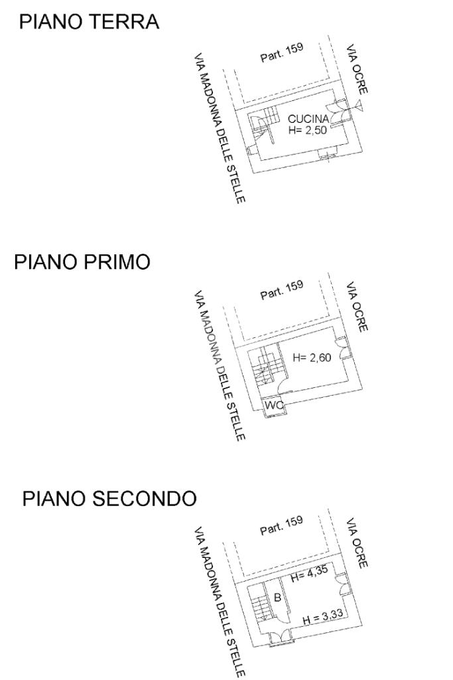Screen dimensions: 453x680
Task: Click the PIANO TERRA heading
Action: pyautogui.click(x=90, y=22)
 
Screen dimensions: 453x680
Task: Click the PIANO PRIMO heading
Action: pyautogui.click(x=82, y=262)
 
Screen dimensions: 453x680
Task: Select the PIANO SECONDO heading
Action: pyautogui.click(x=109, y=498)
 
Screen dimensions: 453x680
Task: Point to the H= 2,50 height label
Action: pyautogui.click(x=308, y=131)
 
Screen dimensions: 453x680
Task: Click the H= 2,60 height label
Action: pyautogui.click(x=312, y=358)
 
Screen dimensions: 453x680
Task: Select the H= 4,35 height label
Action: pyautogui.click(x=309, y=578)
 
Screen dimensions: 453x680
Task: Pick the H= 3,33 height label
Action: pyautogui.click(x=322, y=618)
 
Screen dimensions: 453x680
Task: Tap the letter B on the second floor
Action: pyautogui.click(x=278, y=597)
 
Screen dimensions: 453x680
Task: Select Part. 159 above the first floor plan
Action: pyautogui.click(x=282, y=290)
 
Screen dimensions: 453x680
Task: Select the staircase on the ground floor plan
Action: pyautogui.click(x=263, y=124)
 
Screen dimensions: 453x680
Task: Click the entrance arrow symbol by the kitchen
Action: pyautogui.click(x=359, y=105)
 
